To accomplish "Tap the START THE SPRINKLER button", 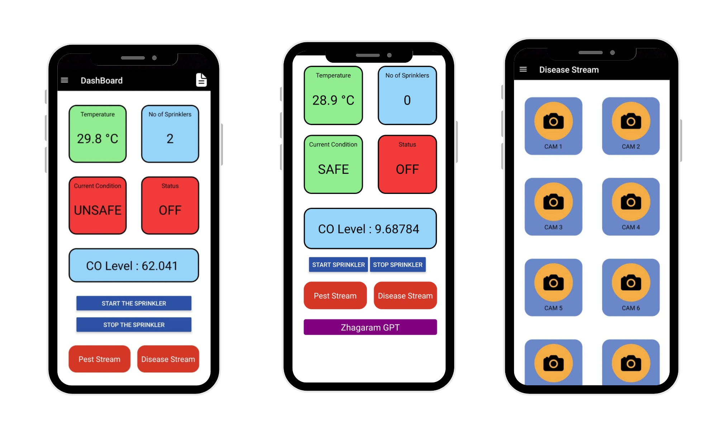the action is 134,303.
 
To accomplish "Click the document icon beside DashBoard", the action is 201,80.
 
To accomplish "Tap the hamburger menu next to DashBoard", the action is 65,80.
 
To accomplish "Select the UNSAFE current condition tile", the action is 98,205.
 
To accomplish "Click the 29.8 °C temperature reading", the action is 98,139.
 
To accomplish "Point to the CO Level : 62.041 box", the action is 134,266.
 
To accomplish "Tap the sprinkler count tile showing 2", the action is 170,134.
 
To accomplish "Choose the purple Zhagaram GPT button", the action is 370,327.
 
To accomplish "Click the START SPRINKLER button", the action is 338,264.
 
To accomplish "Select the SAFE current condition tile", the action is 333,165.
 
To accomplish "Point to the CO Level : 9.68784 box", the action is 370,229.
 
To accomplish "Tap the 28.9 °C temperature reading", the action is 333,100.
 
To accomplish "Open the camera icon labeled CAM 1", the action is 553,121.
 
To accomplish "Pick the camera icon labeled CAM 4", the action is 631,202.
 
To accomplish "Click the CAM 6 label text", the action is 631,308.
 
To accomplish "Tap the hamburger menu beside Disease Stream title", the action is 523,69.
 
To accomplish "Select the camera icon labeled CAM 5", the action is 553,283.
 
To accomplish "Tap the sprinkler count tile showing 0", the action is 407,95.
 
